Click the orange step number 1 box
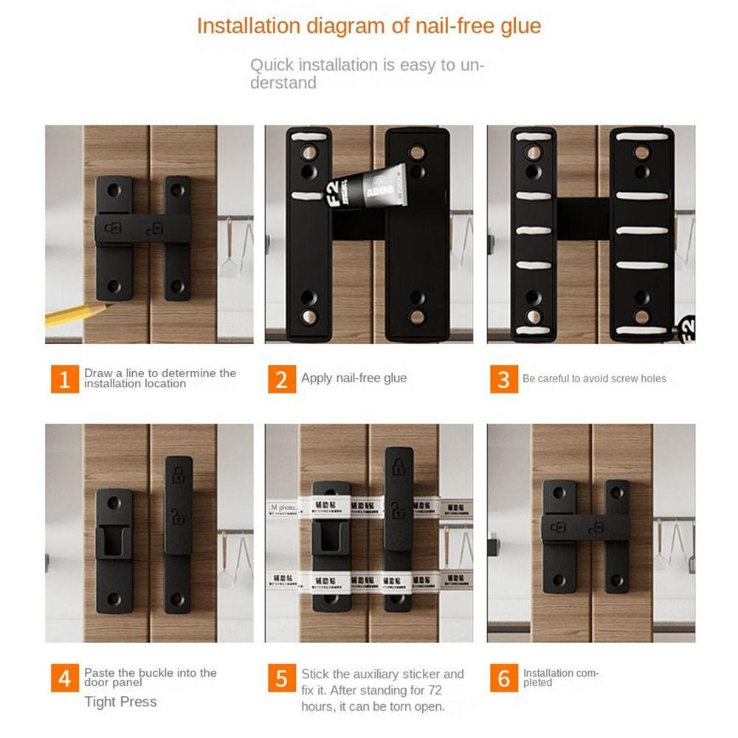(x=65, y=379)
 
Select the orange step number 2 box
(x=281, y=379)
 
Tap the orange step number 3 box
(x=503, y=379)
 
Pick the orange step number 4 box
(x=65, y=678)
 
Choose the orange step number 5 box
(x=281, y=678)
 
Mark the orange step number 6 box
(x=503, y=678)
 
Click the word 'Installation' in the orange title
(x=244, y=26)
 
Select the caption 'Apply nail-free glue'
(x=354, y=378)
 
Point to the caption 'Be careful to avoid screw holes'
(x=594, y=379)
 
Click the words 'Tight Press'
(x=120, y=701)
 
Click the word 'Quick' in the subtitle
(x=272, y=65)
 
